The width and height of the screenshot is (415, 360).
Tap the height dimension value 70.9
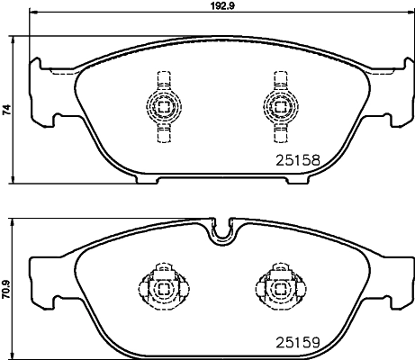click(7, 288)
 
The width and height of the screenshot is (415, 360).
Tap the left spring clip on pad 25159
click(163, 287)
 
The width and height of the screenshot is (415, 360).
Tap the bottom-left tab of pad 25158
click(149, 178)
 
